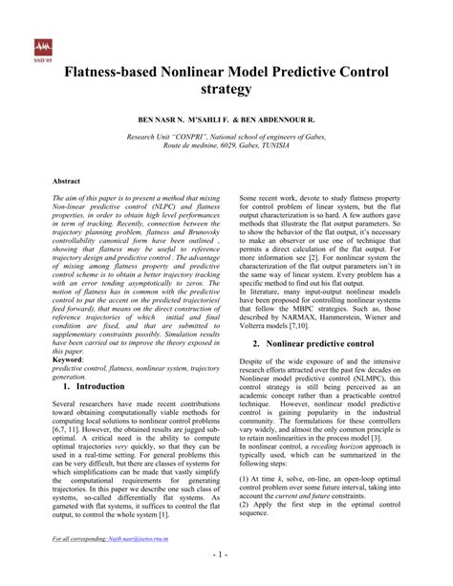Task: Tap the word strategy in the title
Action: point(226,89)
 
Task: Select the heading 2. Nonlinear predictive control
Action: point(315,341)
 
